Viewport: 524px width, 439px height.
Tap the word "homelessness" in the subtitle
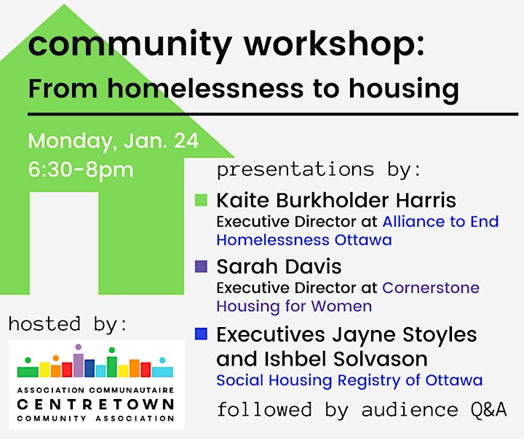(205, 89)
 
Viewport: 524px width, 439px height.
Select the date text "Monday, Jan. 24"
(114, 141)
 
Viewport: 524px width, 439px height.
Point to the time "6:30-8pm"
(81, 169)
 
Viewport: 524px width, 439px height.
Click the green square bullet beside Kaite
(201, 200)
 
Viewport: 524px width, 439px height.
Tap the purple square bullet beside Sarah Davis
(201, 267)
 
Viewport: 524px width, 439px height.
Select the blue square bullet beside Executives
(201, 334)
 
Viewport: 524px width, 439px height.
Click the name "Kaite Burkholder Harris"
(336, 201)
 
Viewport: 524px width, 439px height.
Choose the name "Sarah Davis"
(279, 267)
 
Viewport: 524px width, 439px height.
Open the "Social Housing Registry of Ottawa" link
(349, 381)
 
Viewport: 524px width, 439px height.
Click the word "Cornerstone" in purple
(431, 288)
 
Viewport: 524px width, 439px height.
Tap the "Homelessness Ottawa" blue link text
(304, 240)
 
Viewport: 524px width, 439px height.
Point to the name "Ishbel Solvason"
(346, 359)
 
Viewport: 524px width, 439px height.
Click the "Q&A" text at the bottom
(489, 409)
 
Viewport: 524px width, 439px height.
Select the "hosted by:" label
(68, 324)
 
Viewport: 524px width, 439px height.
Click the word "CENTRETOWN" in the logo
(95, 404)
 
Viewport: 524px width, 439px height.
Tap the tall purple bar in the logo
(79, 365)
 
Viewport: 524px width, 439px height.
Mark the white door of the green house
(64, 243)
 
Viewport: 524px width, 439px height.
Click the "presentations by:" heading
(319, 170)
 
